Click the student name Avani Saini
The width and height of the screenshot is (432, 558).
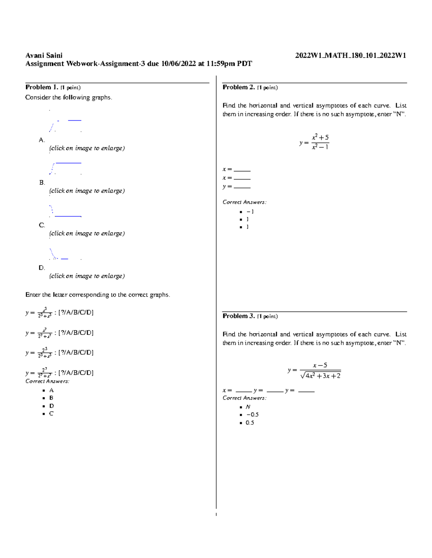coord(44,55)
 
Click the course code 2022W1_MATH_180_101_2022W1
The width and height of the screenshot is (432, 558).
coord(350,55)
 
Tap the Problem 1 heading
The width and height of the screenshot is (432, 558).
coord(41,87)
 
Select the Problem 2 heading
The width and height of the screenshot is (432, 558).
coord(239,87)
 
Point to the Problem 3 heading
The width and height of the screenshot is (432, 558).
coord(239,316)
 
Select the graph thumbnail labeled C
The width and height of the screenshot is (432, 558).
coord(65,211)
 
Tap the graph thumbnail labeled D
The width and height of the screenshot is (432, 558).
coord(65,254)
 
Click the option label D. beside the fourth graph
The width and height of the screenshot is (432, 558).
coord(42,268)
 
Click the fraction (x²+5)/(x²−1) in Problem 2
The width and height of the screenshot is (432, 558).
coord(320,142)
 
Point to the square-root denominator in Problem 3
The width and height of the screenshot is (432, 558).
coord(320,376)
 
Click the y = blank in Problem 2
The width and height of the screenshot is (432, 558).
coord(242,187)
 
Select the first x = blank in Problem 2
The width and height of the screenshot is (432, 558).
coord(242,170)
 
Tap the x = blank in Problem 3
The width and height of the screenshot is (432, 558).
coord(243,391)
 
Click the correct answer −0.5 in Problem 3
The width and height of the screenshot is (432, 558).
coord(252,415)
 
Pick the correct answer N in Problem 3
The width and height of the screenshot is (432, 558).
coord(248,407)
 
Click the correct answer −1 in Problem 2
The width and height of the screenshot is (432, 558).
coord(250,212)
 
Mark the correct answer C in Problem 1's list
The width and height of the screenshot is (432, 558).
coord(51,414)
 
